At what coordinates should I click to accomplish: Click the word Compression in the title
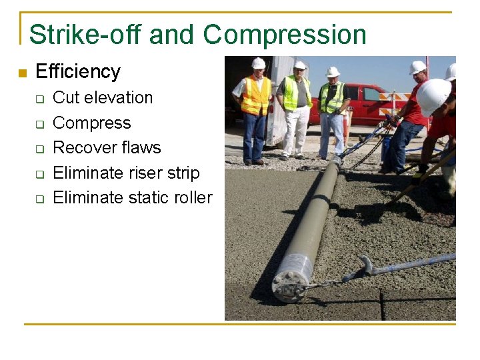(x=285, y=35)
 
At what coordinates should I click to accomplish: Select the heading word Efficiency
(x=77, y=72)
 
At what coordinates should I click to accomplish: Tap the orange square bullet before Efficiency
(x=22, y=73)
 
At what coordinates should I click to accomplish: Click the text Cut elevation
(x=103, y=98)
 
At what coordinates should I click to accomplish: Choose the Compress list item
(x=91, y=123)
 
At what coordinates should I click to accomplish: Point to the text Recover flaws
(x=107, y=148)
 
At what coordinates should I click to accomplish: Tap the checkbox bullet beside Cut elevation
(x=39, y=99)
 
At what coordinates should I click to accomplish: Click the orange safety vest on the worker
(x=255, y=95)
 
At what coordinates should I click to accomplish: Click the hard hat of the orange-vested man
(x=258, y=63)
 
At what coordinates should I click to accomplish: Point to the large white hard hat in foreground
(x=433, y=95)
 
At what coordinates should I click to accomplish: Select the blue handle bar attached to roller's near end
(x=400, y=266)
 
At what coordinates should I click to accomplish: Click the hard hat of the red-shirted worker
(x=417, y=67)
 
